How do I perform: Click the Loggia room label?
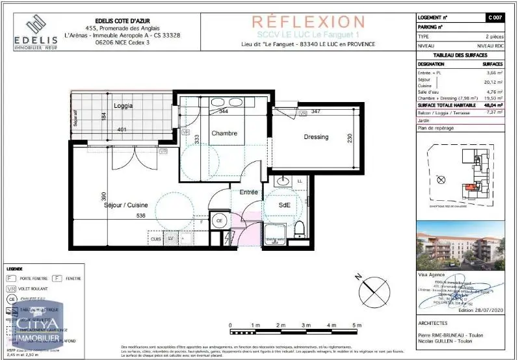[123, 105]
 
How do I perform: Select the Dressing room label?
[316, 137]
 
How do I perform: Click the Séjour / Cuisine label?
[125, 205]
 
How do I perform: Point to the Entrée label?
[249, 192]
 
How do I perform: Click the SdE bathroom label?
[285, 205]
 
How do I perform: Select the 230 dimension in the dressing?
[350, 138]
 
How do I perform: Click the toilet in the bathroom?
[300, 227]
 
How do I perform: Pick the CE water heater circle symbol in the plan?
[220, 221]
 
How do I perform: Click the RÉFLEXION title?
[308, 22]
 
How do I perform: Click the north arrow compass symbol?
[369, 286]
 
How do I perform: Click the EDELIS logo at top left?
[36, 32]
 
